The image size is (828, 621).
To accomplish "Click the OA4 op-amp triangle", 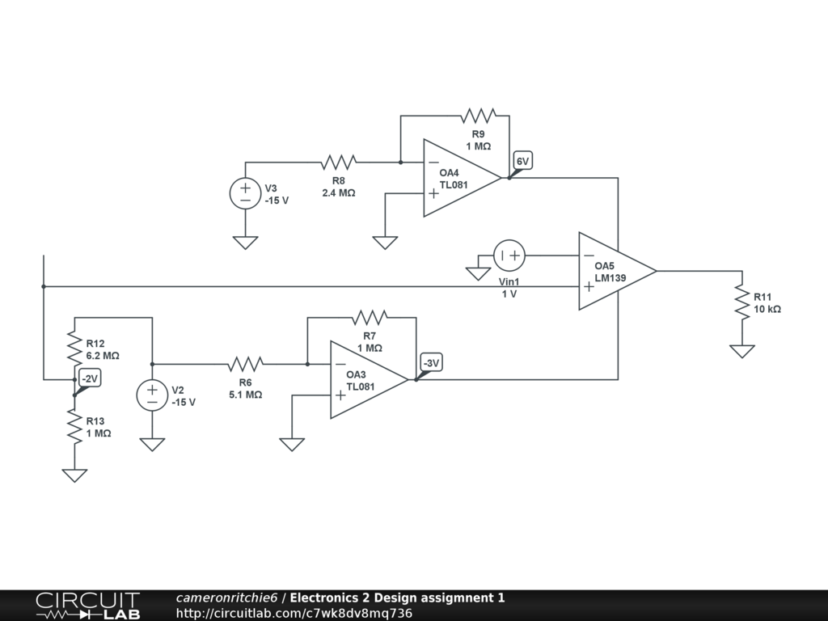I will click(457, 179).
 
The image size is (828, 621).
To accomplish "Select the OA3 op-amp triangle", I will click(364, 380).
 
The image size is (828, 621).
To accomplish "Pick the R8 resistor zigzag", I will click(338, 163).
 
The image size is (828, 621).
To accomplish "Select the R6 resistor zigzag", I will click(245, 364).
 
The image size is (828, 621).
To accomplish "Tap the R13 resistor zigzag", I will click(74, 426).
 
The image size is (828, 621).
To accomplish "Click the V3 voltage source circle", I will click(245, 195).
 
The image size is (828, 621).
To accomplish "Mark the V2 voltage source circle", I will click(152, 395).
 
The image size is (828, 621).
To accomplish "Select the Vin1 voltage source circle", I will click(509, 256).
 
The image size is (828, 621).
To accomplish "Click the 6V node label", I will click(522, 162).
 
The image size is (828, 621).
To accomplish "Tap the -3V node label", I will click(431, 364).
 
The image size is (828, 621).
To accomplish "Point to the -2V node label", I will click(89, 378).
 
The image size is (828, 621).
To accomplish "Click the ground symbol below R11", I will click(742, 351).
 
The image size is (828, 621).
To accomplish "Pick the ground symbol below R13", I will click(74, 475).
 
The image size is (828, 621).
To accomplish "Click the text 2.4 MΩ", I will click(338, 193).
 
